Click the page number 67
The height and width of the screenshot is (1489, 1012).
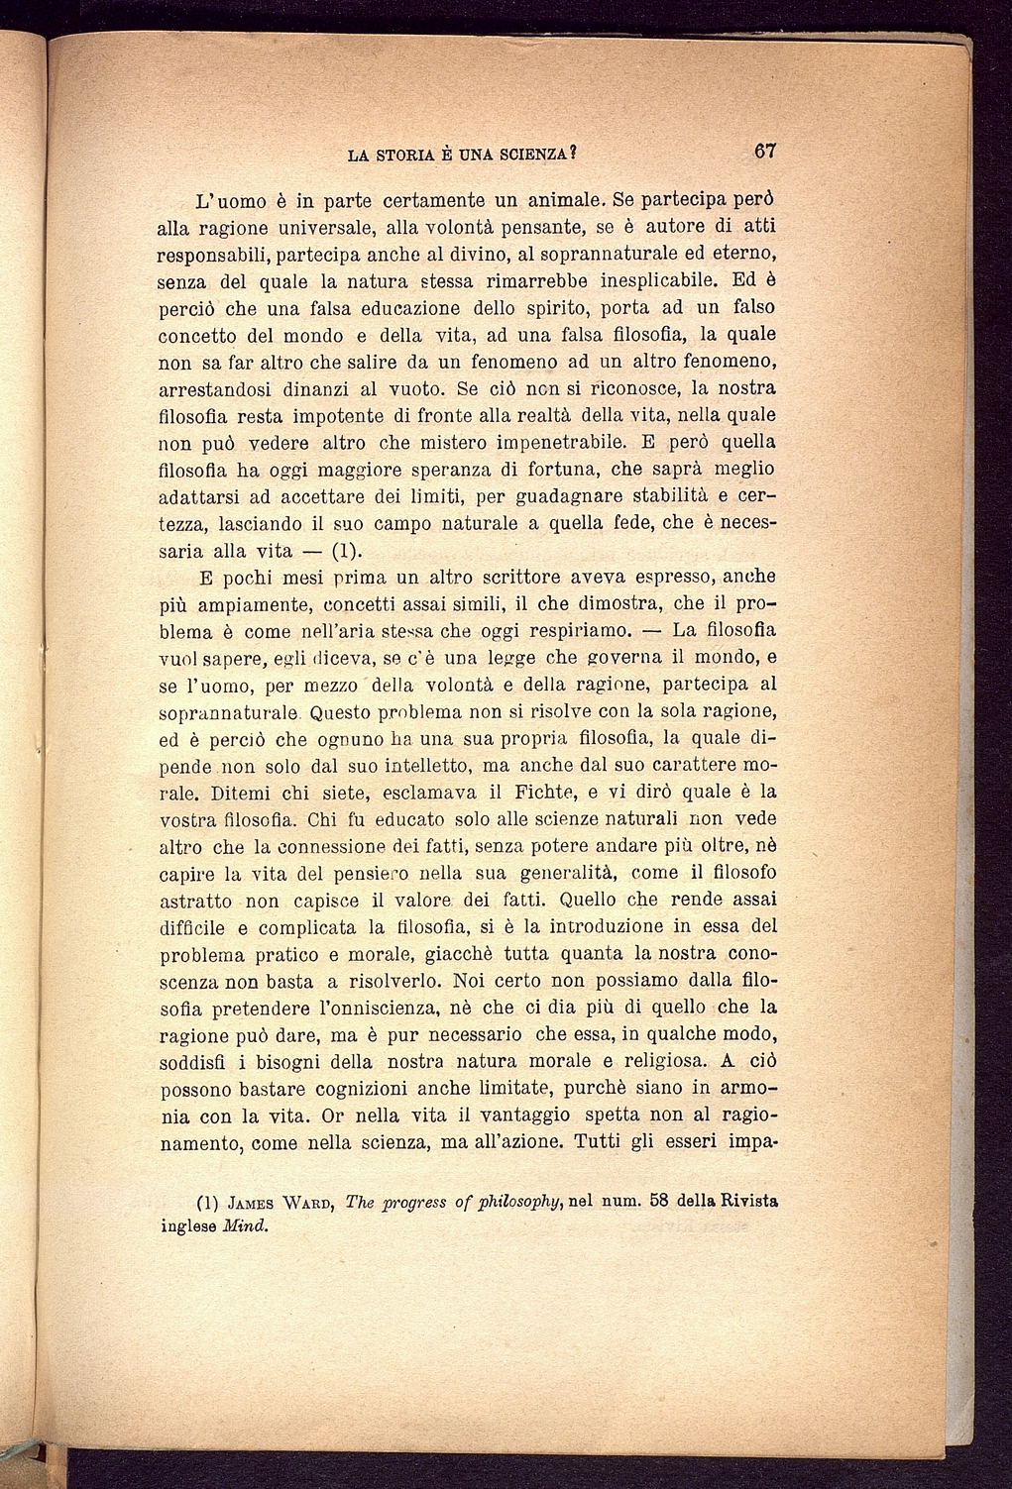point(762,153)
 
